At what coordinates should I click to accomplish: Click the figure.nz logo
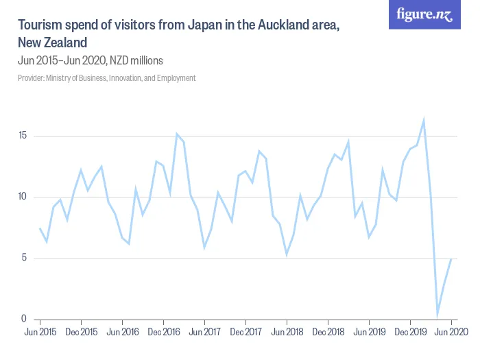pyautogui.click(x=425, y=15)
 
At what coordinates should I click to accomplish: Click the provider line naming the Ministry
pyautogui.click(x=107, y=78)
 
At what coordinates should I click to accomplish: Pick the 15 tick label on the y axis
pyautogui.click(x=23, y=136)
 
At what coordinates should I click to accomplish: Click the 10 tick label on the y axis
pyautogui.click(x=23, y=197)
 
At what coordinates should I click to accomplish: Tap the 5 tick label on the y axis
pyautogui.click(x=25, y=259)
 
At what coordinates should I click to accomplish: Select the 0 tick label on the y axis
pyautogui.click(x=25, y=319)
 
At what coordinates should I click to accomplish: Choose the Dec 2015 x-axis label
pyautogui.click(x=81, y=332)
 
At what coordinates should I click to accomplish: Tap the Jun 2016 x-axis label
pyautogui.click(x=122, y=332)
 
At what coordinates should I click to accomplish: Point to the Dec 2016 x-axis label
pyautogui.click(x=163, y=332)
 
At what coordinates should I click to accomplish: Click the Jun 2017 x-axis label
pyautogui.click(x=204, y=332)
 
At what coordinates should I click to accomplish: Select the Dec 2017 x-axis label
pyautogui.click(x=245, y=332)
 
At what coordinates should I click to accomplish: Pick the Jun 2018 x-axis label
pyautogui.click(x=287, y=332)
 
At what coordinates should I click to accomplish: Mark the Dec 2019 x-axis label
pyautogui.click(x=410, y=332)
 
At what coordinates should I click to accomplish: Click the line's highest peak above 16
pyautogui.click(x=424, y=120)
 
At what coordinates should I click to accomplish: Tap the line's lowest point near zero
pyautogui.click(x=437, y=315)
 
